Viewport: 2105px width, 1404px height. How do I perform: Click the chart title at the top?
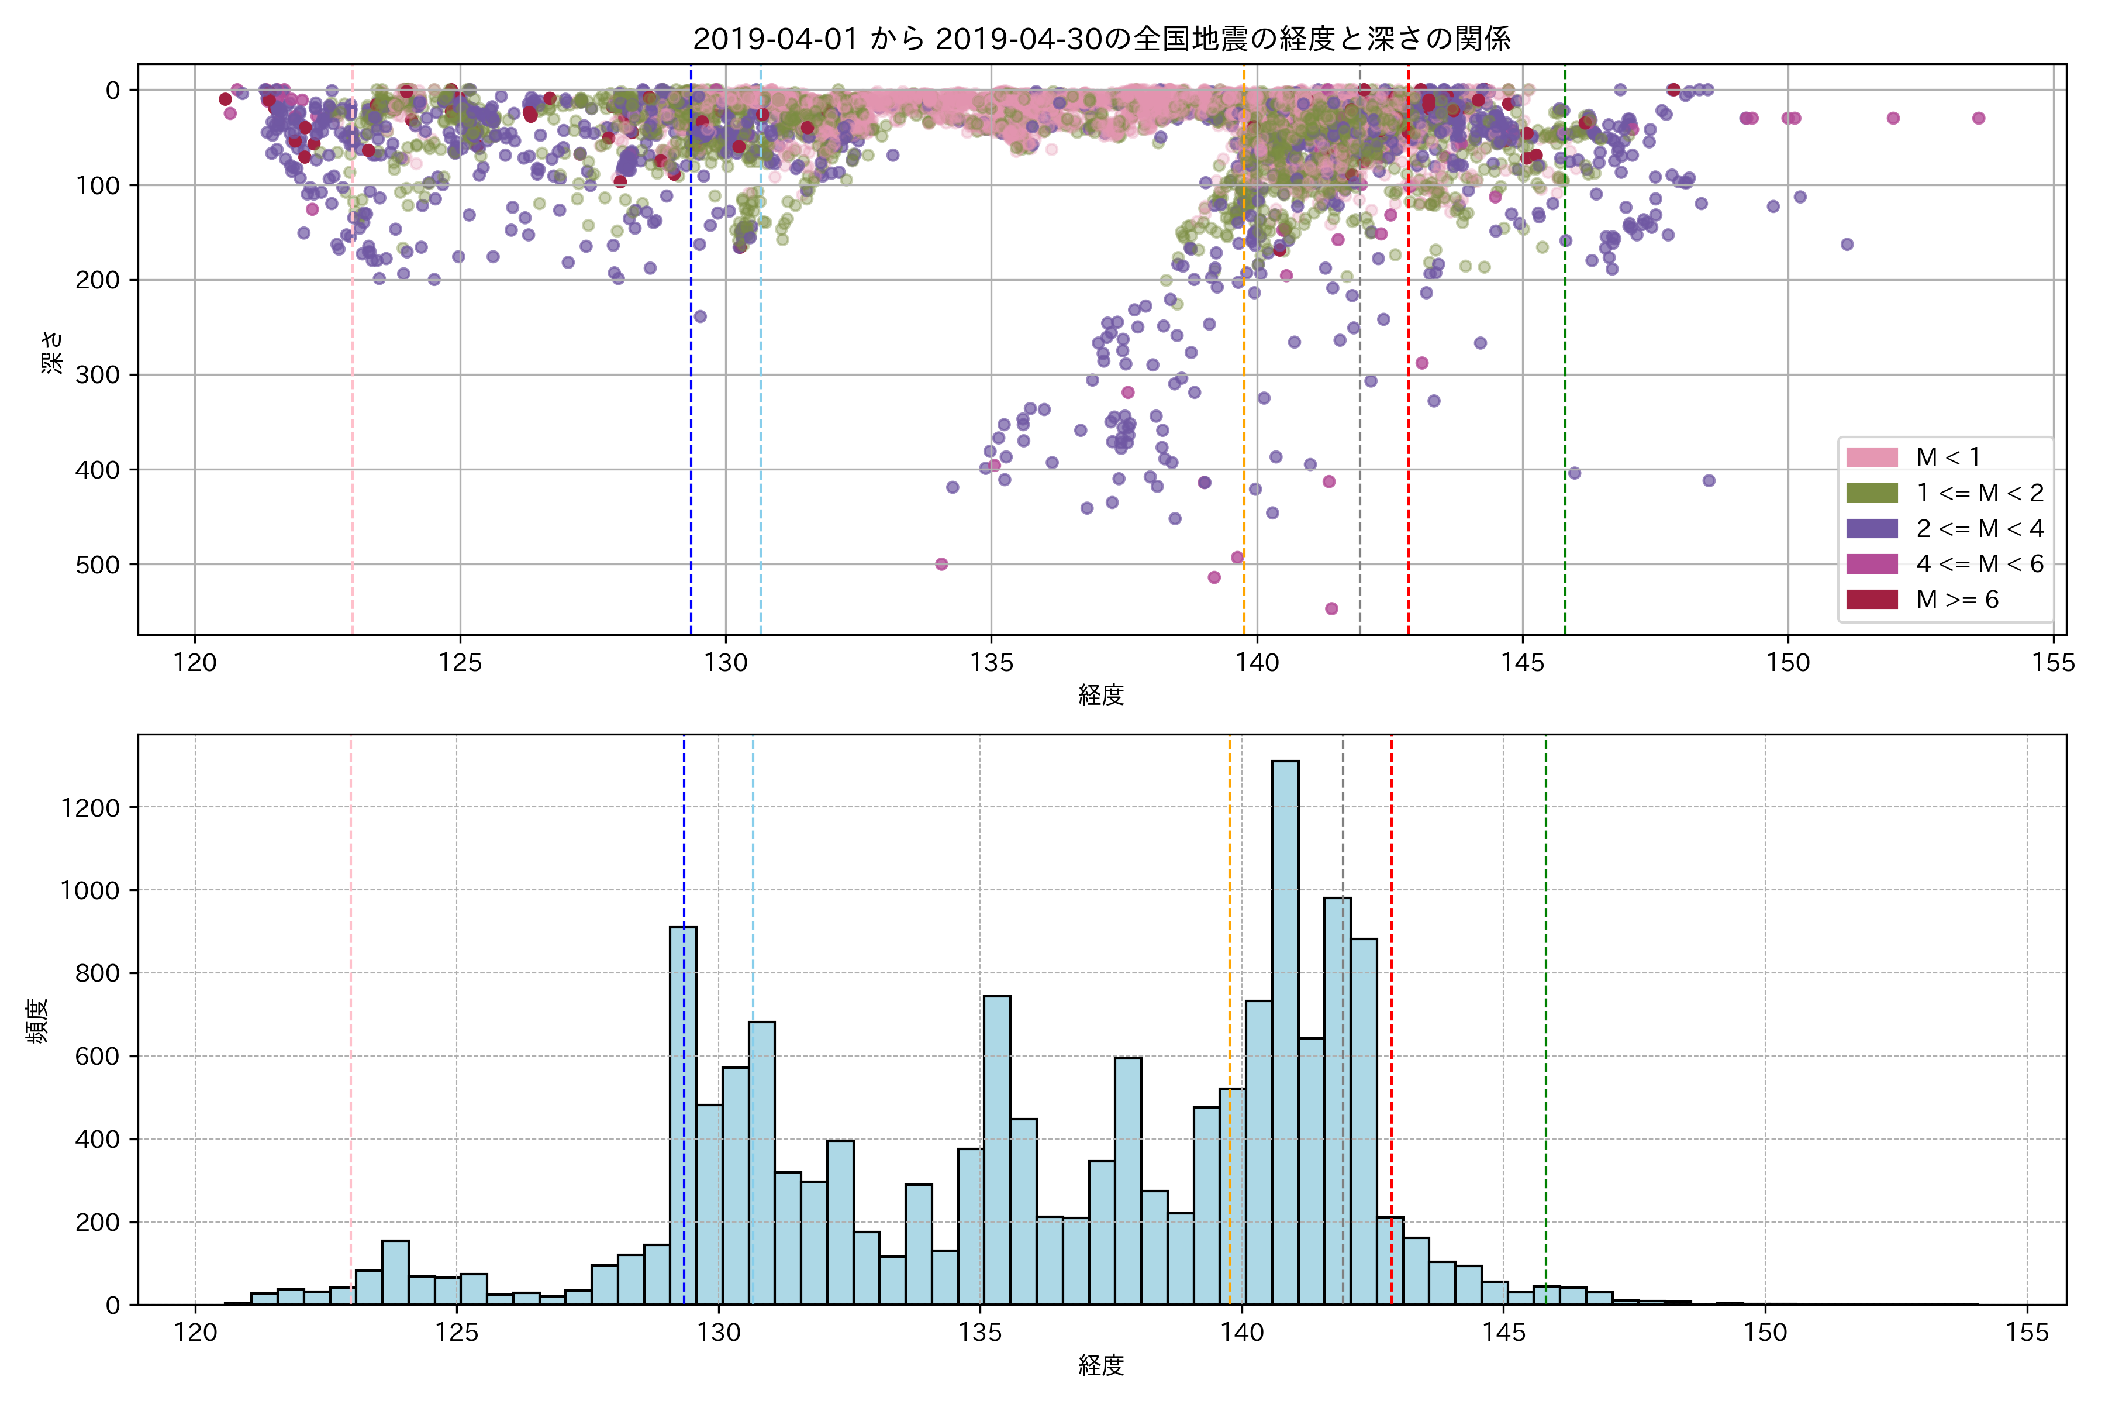[1101, 39]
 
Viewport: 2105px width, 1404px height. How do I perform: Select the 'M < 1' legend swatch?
[1872, 457]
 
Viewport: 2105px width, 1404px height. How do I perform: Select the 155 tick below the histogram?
[2026, 1333]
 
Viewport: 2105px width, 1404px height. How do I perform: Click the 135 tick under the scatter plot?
[991, 663]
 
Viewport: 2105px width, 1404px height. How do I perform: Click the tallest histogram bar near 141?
[1285, 1030]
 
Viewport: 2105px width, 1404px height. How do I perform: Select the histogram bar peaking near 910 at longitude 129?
[683, 1115]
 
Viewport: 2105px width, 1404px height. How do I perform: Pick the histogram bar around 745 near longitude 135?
[997, 1151]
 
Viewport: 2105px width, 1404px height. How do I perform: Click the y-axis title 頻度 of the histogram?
[37, 1021]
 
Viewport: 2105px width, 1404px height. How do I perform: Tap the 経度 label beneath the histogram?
[1101, 1365]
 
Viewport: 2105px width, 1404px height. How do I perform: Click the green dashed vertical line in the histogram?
[1545, 985]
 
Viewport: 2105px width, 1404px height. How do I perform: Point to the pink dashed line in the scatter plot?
[353, 358]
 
